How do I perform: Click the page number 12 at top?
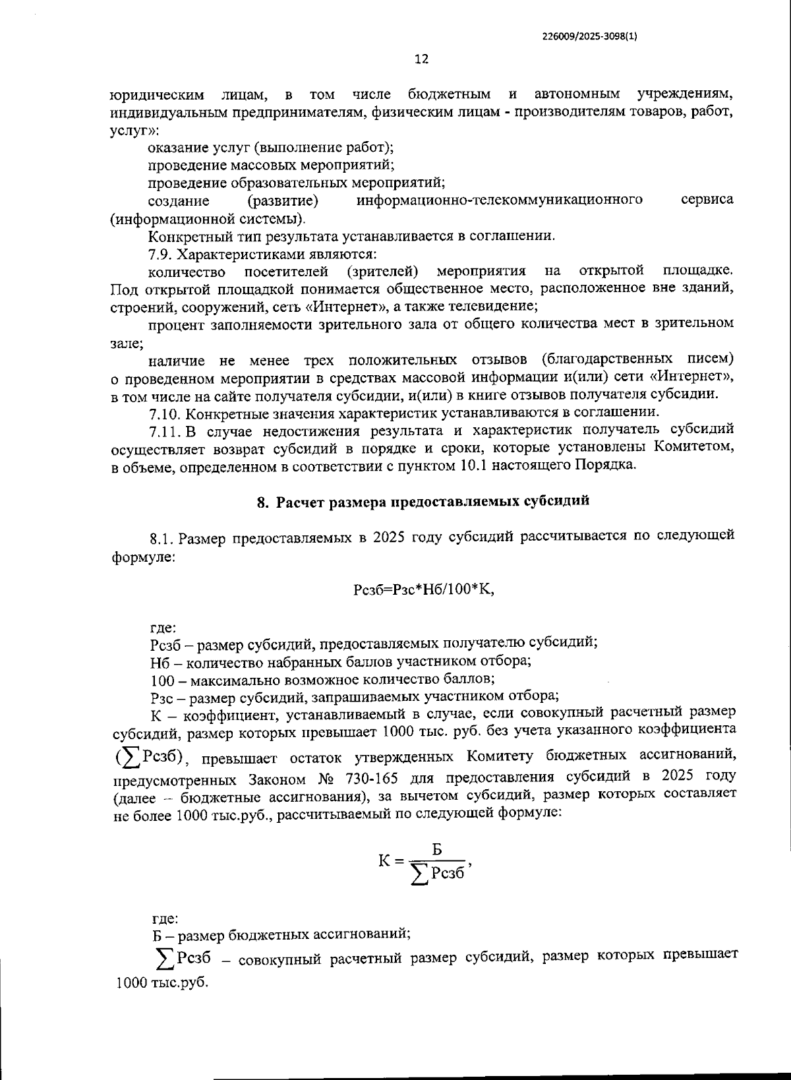pyautogui.click(x=421, y=59)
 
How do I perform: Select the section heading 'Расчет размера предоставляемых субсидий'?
pyautogui.click(x=432, y=501)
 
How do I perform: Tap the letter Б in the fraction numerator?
pyautogui.click(x=438, y=847)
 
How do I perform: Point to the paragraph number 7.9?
pyautogui.click(x=162, y=254)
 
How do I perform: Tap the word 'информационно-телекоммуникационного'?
pyautogui.click(x=499, y=200)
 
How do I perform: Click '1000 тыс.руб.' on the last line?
pyautogui.click(x=161, y=982)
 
